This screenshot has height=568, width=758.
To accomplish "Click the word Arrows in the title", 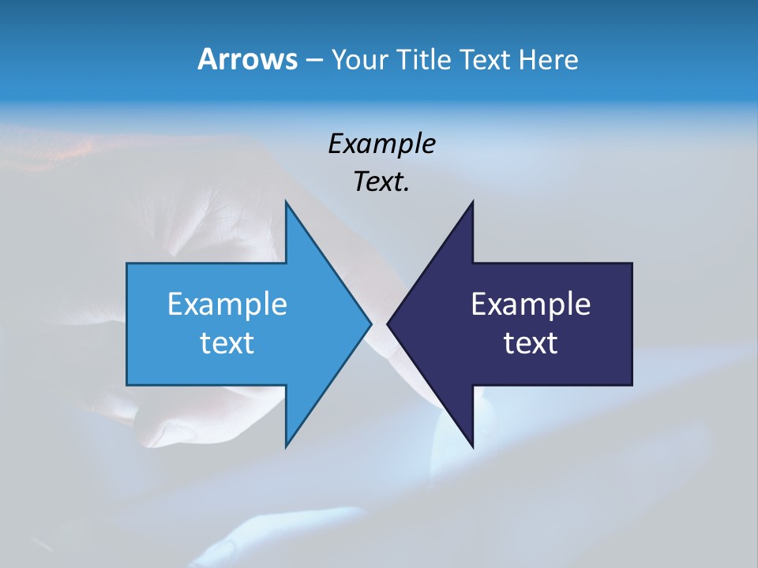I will pyautogui.click(x=247, y=59).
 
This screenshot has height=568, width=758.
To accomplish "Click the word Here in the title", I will pyautogui.click(x=548, y=59).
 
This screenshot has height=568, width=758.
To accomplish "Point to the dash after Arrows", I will pyautogui.click(x=313, y=60).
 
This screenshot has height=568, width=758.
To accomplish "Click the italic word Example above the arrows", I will pyautogui.click(x=381, y=144).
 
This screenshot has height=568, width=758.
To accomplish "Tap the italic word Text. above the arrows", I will pyautogui.click(x=381, y=181).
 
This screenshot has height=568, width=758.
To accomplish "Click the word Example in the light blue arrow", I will pyautogui.click(x=227, y=305).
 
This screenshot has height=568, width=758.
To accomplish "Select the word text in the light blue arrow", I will pyautogui.click(x=227, y=343).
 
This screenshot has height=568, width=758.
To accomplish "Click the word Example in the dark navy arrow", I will pyautogui.click(x=531, y=305).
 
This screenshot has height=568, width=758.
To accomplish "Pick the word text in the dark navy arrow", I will pyautogui.click(x=531, y=343).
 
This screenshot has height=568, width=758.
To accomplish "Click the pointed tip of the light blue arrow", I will pyautogui.click(x=370, y=323).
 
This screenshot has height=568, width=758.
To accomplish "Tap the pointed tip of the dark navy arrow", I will pyautogui.click(x=388, y=323).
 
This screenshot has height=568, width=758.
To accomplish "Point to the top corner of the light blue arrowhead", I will pyautogui.click(x=286, y=202).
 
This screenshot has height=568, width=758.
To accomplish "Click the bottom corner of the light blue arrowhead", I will pyautogui.click(x=286, y=446).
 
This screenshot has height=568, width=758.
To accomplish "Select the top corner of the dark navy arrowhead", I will pyautogui.click(x=472, y=202).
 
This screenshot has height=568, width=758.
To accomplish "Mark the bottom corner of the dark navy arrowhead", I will pyautogui.click(x=472, y=446).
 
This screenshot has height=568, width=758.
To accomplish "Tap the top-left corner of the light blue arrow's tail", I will pyautogui.click(x=127, y=263).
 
